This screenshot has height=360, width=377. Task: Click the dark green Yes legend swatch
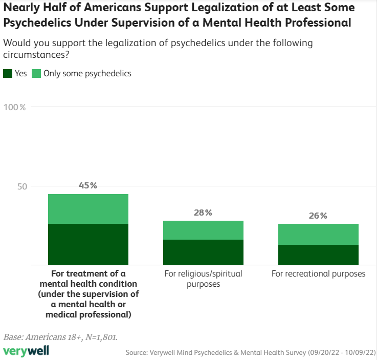8,73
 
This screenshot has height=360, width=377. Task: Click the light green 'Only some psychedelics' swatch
36,73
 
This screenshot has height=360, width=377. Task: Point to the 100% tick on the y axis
15,107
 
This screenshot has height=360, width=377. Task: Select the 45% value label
88,185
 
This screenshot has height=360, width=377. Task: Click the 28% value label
203,212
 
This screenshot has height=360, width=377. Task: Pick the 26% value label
318,216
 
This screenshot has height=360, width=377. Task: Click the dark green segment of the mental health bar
88,244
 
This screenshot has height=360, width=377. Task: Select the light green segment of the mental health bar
88,209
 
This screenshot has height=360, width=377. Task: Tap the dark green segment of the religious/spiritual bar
203,251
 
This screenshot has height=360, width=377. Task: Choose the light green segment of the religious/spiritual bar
203,230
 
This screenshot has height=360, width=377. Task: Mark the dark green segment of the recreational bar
318,254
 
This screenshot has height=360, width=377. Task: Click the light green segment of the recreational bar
318,234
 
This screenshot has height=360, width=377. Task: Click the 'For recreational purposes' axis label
318,273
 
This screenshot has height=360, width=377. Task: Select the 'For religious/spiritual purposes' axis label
203,279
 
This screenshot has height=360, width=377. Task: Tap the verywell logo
27,351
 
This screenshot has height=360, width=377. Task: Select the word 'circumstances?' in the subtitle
36,54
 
